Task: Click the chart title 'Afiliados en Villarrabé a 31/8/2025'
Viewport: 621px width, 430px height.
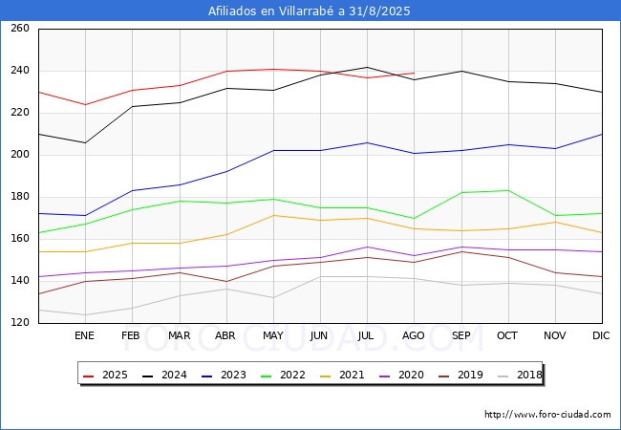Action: coord(309,11)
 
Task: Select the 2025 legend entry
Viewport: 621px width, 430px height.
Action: coord(105,375)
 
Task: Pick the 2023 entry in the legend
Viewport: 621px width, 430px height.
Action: coord(224,375)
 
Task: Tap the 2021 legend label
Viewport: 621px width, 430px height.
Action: coord(342,375)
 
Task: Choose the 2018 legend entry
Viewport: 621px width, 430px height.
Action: coord(520,375)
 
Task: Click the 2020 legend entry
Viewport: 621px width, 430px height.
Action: coord(401,375)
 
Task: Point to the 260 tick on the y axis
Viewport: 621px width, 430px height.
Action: coord(20,28)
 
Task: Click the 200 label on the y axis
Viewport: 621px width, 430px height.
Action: coord(20,155)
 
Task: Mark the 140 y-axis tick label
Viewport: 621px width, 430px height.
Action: coord(20,280)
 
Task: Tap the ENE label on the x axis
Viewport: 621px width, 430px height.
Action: coord(84,335)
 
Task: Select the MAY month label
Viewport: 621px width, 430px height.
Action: coord(273,335)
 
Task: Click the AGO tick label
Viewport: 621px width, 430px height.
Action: coord(414,335)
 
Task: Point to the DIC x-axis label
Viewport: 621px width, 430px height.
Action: coord(601,335)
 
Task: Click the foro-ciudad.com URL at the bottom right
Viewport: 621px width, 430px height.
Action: coord(547,415)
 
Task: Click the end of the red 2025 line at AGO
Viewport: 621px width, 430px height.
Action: coord(415,73)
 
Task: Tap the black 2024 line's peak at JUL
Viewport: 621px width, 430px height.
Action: coord(367,67)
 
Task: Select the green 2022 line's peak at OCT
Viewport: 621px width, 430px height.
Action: coord(508,190)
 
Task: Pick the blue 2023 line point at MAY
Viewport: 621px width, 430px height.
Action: coord(273,150)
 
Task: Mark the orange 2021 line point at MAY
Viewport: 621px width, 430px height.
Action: coord(273,215)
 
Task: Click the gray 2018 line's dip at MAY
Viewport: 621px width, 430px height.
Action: coord(273,298)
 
